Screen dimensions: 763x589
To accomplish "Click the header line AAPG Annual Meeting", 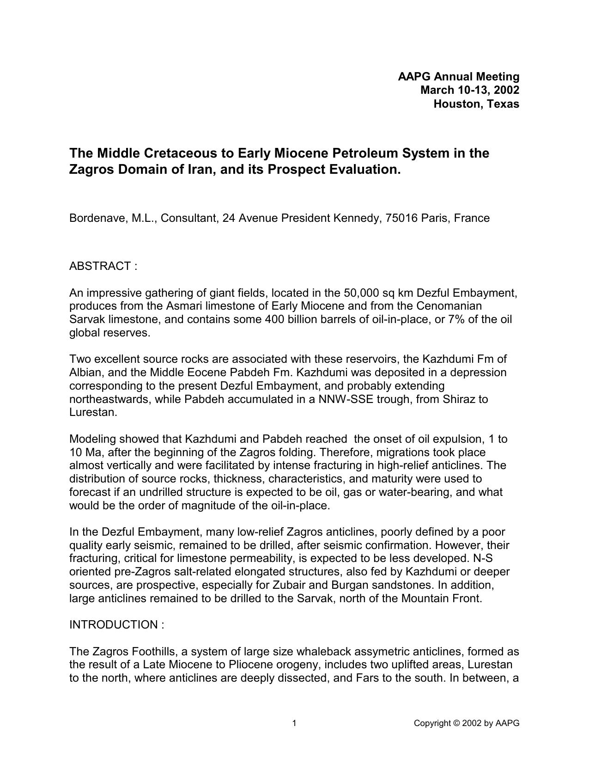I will coord(458,77).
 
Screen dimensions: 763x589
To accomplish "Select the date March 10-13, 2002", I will coord(469,90).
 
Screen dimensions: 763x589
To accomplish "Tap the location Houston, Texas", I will coord(476,104).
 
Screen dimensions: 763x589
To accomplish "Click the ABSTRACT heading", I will coord(103,266).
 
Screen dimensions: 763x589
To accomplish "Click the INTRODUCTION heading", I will coord(116,625).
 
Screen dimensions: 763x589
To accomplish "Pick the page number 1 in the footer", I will coord(294,723).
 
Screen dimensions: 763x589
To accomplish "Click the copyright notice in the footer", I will coord(467,723).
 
